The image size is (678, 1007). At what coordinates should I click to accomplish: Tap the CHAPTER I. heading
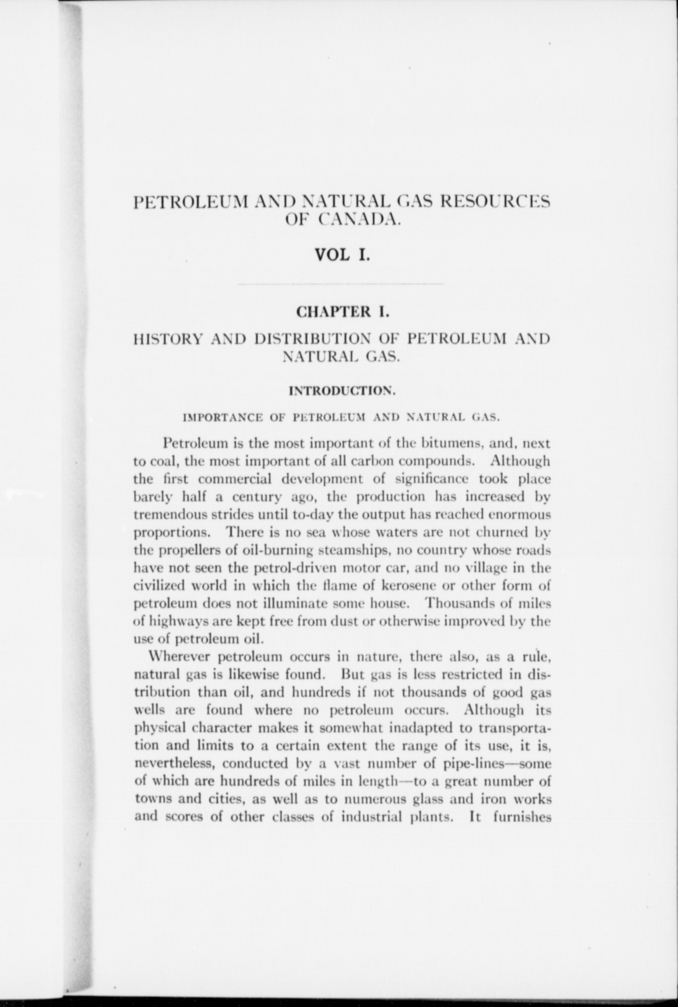(342, 312)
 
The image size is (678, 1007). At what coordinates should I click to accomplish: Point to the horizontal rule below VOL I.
(341, 284)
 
